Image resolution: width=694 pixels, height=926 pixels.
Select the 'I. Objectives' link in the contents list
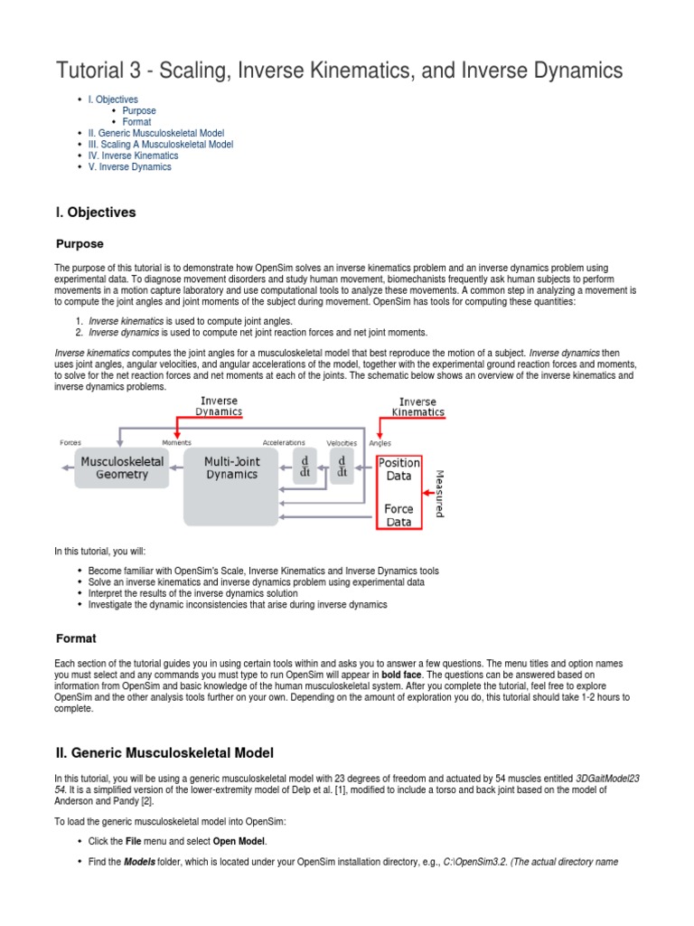click(113, 99)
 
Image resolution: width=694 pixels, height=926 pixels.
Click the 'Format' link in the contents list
click(136, 122)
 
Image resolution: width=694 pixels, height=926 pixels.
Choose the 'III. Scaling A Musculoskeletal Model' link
click(160, 145)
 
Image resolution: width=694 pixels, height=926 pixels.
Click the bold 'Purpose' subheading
click(80, 244)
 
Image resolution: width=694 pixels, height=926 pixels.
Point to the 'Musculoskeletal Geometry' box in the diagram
click(121, 468)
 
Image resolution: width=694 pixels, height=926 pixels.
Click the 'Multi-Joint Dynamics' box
click(230, 468)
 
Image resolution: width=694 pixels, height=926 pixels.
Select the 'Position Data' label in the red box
click(399, 469)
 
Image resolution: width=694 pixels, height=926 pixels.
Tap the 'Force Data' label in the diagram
click(399, 515)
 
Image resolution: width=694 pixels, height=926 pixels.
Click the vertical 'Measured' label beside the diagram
click(439, 492)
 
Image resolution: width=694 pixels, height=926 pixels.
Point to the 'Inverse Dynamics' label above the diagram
click(219, 405)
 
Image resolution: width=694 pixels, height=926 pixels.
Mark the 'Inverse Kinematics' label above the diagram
click(417, 407)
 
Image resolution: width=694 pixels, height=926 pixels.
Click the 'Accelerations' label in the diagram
click(284, 442)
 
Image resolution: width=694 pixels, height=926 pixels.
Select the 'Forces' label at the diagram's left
click(70, 442)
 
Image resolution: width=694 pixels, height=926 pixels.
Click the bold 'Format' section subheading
click(76, 638)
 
